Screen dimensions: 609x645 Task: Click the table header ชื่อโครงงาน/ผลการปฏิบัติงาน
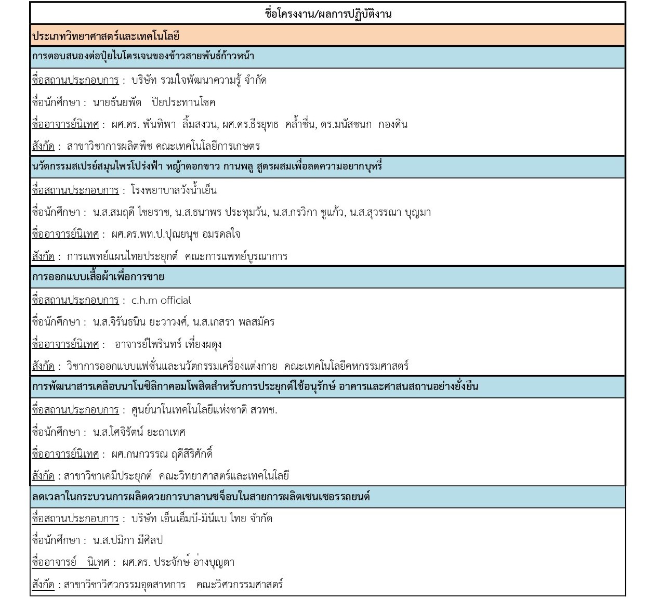pyautogui.click(x=327, y=14)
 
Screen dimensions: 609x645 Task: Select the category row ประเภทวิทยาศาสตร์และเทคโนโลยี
pyautogui.click(x=106, y=36)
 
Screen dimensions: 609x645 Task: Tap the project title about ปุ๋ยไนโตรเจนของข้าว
pyautogui.click(x=143, y=56)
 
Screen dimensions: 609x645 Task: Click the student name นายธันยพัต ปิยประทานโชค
pyautogui.click(x=154, y=102)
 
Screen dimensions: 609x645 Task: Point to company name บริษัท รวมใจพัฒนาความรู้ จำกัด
pyautogui.click(x=199, y=81)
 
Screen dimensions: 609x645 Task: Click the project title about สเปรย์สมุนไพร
pyautogui.click(x=207, y=167)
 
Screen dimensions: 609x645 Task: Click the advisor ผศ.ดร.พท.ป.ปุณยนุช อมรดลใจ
pyautogui.click(x=176, y=235)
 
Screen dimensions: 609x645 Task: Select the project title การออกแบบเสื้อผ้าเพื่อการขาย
pyautogui.click(x=98, y=277)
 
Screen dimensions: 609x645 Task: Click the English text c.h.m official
pyautogui.click(x=161, y=301)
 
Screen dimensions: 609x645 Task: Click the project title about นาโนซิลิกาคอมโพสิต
pyautogui.click(x=255, y=387)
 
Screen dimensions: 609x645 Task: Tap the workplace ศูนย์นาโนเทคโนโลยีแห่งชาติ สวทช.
pyautogui.click(x=204, y=410)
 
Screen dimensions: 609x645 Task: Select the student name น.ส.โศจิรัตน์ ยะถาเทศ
pyautogui.click(x=139, y=432)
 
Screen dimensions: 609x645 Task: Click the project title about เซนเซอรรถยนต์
pyautogui.click(x=201, y=497)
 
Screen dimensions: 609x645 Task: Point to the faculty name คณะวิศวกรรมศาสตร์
pyautogui.click(x=240, y=585)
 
